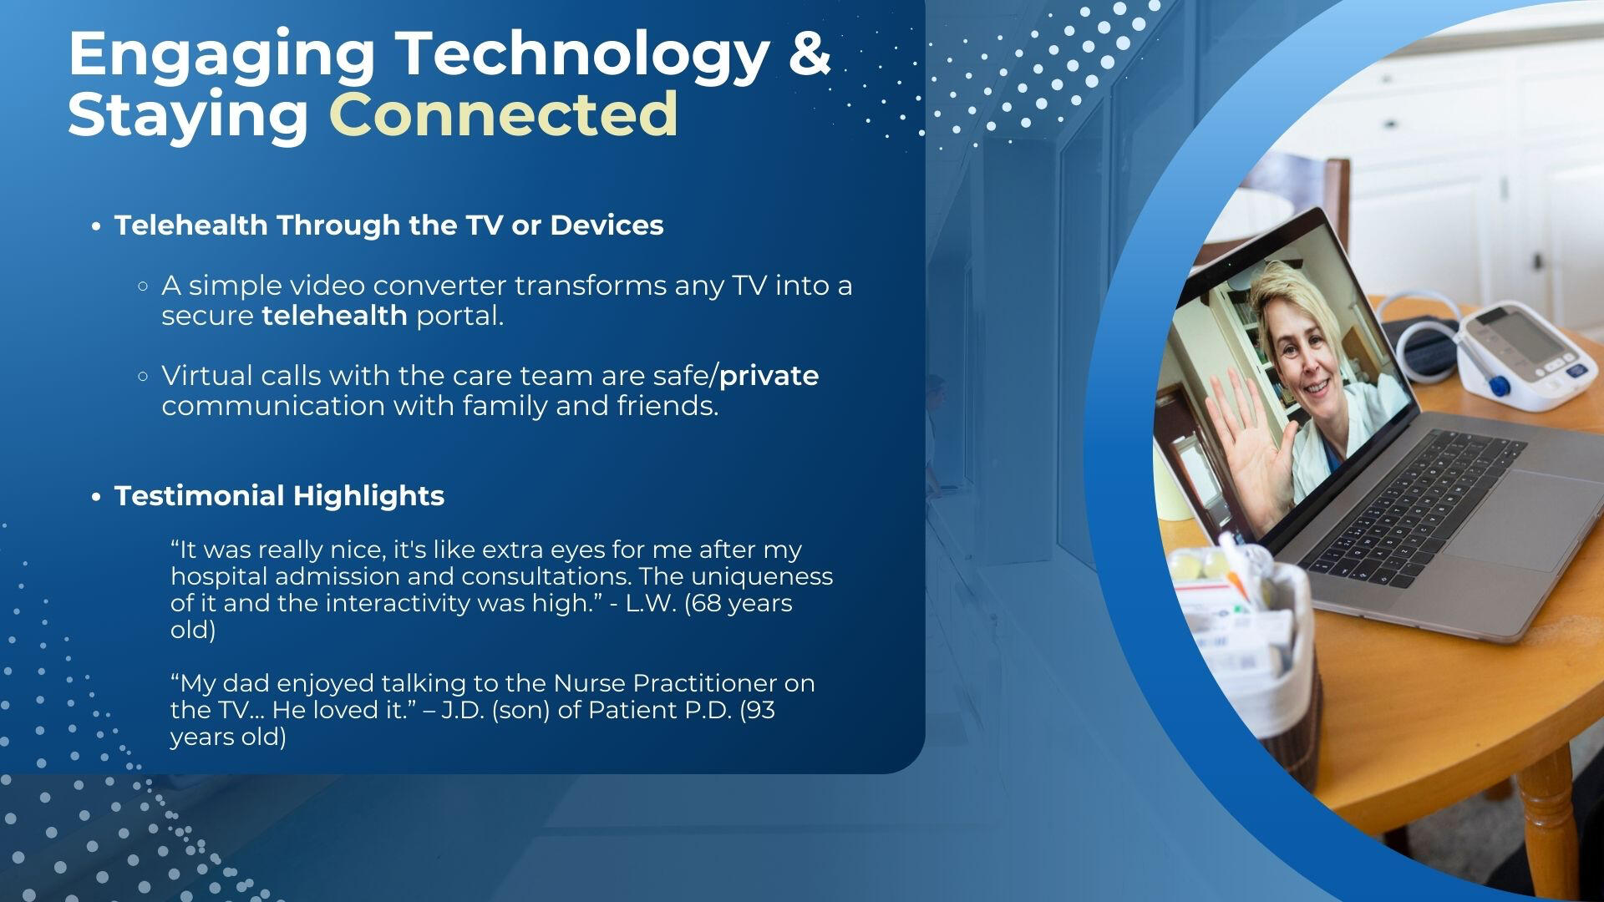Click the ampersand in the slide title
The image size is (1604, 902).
click(809, 53)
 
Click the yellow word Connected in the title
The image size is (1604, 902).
click(504, 114)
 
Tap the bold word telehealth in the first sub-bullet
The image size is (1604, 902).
click(334, 316)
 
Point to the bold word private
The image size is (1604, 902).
click(769, 377)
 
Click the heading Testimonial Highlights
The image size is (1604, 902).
click(279, 496)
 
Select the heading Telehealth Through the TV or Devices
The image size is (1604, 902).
click(389, 225)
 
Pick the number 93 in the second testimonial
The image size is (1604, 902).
click(761, 710)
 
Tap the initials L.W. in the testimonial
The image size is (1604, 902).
click(651, 603)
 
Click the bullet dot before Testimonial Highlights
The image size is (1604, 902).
click(97, 497)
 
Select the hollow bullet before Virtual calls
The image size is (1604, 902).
click(143, 377)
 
